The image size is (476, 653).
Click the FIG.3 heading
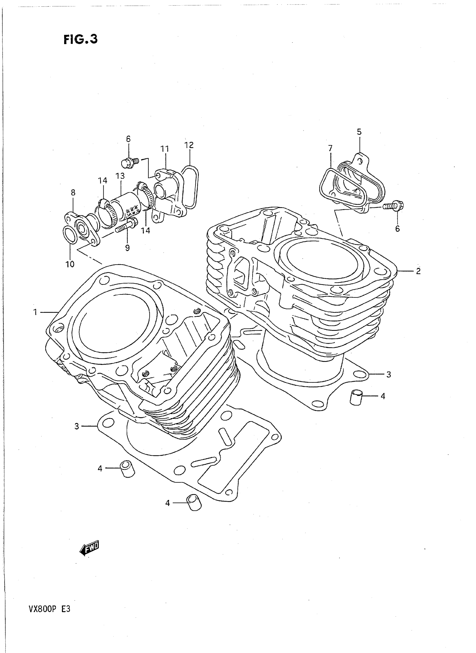click(80, 39)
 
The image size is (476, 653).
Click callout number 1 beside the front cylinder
click(35, 312)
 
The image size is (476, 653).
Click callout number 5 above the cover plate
click(359, 132)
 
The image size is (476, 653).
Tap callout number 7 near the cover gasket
click(330, 148)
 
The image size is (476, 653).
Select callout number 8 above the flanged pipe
click(73, 192)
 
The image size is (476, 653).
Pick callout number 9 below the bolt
click(127, 248)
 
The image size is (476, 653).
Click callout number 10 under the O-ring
click(70, 264)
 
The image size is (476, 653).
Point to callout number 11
click(165, 149)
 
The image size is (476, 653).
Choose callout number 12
click(189, 145)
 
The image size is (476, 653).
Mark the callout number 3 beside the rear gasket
click(388, 375)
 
